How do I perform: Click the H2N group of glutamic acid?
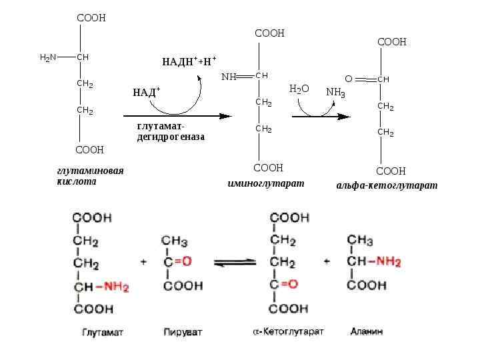click(x=48, y=58)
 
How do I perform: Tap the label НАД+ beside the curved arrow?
click(x=147, y=92)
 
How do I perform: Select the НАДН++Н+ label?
click(x=189, y=62)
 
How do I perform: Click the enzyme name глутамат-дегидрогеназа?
click(x=171, y=131)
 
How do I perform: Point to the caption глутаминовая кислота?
click(x=90, y=176)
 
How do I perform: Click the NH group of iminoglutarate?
click(x=229, y=77)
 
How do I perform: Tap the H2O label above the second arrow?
click(x=299, y=89)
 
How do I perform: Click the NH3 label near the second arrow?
click(x=335, y=92)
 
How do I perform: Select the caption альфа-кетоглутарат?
click(x=387, y=186)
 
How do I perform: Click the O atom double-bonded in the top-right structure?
click(x=349, y=79)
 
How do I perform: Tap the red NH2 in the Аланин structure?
click(x=388, y=262)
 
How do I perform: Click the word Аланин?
click(x=367, y=331)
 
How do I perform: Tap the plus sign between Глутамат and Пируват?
click(x=143, y=262)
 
